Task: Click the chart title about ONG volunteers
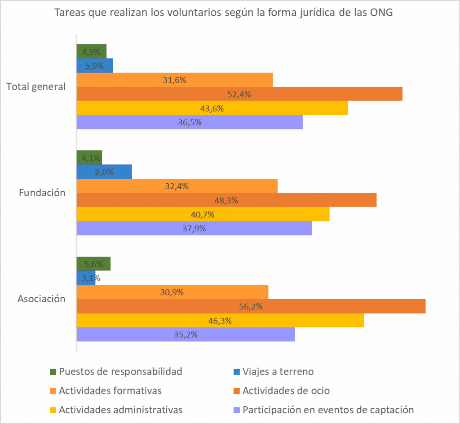point(223,13)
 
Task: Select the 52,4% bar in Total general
point(239,94)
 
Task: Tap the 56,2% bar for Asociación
point(251,307)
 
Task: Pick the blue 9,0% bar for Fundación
point(104,172)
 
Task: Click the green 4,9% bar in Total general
point(91,51)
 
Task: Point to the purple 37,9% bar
point(194,229)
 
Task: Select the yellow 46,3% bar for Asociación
point(220,321)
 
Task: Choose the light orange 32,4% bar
point(177,186)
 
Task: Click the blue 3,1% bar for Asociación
point(86,278)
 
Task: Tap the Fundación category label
point(42,193)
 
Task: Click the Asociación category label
point(42,299)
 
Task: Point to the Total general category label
point(36,87)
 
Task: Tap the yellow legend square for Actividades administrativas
point(53,410)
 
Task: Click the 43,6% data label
point(212,108)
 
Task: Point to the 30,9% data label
point(172,292)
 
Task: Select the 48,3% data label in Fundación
point(226,200)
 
